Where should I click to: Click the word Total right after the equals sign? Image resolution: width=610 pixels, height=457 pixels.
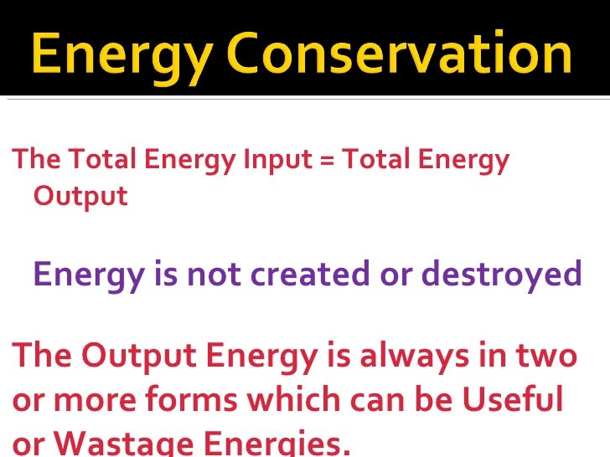(373, 159)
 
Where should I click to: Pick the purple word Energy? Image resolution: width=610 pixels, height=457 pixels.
(87, 275)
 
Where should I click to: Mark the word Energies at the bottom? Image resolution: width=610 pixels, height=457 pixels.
(277, 444)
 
